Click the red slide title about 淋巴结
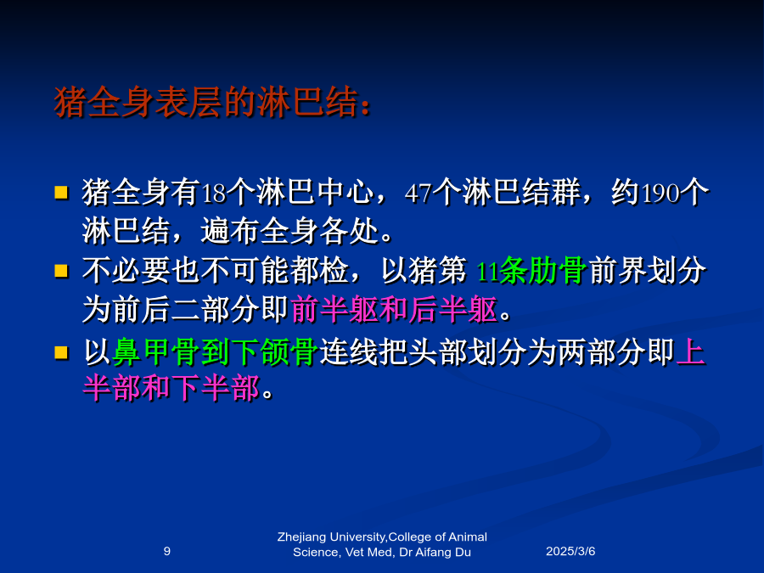(212, 103)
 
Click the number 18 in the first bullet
(213, 194)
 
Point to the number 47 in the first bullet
(419, 194)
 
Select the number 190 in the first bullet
(660, 194)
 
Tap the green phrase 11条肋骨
(531, 271)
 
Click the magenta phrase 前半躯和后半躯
(394, 309)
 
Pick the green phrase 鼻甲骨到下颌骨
(216, 351)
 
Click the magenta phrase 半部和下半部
(171, 388)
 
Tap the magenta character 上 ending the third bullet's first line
(691, 351)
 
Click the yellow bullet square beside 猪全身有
(61, 193)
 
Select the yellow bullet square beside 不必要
(61, 271)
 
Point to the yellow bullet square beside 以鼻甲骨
(61, 351)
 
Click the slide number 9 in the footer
(167, 551)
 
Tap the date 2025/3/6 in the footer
(570, 551)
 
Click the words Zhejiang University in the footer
(331, 537)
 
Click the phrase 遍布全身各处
(290, 231)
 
